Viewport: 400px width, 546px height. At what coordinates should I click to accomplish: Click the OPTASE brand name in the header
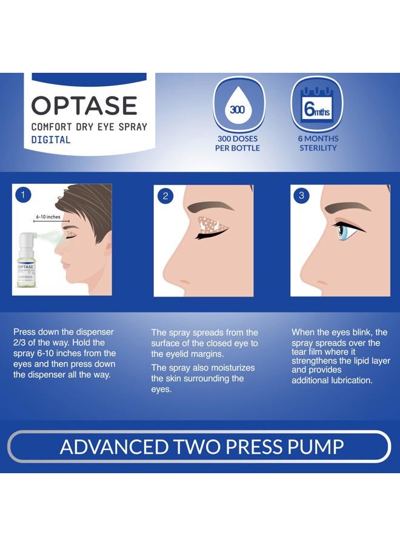84,106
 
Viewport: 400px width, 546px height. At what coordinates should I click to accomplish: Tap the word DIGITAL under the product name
51,140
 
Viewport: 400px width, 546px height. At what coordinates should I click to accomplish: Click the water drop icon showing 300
238,110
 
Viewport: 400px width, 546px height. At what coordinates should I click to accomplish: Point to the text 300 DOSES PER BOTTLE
238,143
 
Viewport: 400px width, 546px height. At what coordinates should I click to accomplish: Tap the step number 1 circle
22,195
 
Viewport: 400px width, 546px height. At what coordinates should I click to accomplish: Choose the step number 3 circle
301,196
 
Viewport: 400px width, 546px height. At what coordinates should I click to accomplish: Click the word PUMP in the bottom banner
313,447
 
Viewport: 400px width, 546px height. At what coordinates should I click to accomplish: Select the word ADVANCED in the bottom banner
108,447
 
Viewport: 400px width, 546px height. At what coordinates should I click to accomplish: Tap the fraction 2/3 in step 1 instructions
21,343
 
